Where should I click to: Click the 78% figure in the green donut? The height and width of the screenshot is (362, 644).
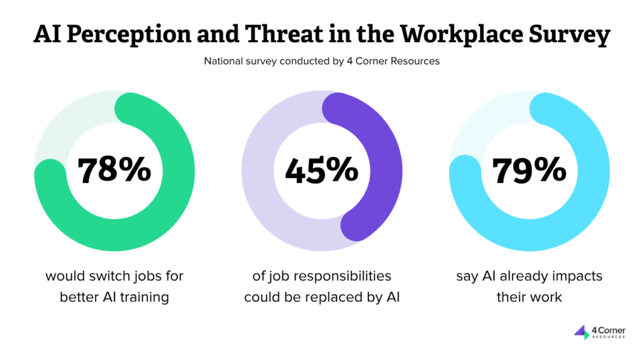(x=114, y=170)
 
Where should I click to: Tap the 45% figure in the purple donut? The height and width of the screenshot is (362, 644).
(x=321, y=170)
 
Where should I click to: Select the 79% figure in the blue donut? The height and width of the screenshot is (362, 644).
(x=529, y=170)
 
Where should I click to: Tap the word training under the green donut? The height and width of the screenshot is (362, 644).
(x=144, y=297)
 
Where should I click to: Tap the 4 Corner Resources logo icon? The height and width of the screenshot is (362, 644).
(x=582, y=332)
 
